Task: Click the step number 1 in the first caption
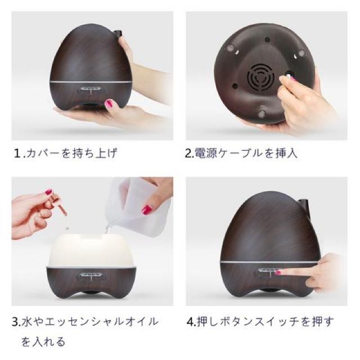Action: (x=18, y=154)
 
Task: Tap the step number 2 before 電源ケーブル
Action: (x=189, y=154)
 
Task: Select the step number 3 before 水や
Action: (x=16, y=322)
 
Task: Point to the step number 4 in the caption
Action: (x=191, y=322)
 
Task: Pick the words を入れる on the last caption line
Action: (x=43, y=341)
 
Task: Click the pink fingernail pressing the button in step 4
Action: (x=278, y=273)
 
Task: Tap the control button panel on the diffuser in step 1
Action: (x=91, y=89)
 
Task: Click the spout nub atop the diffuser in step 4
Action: (x=304, y=204)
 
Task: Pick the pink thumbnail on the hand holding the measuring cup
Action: (x=147, y=209)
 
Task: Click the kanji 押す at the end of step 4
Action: (x=323, y=322)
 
